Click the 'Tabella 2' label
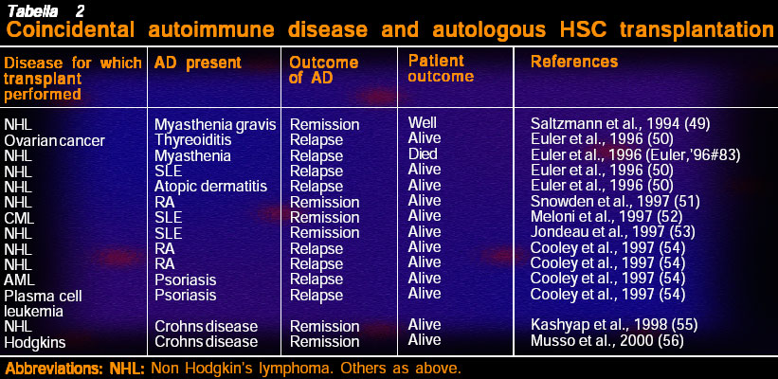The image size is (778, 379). pos(40,11)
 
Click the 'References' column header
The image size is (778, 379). pos(574,62)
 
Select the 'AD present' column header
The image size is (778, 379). pos(197,63)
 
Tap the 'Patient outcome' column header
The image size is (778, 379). pos(441,68)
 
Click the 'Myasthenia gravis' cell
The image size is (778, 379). pos(215,124)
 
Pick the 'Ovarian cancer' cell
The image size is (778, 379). pos(55,141)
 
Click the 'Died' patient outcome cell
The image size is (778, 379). pos(423,153)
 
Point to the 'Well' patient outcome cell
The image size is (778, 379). pos(422,122)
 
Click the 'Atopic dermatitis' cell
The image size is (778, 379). pos(211,187)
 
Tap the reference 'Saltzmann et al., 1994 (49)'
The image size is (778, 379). pos(620,124)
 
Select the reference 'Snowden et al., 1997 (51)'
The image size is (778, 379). pos(615,202)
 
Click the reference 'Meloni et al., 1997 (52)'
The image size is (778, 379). pos(606,217)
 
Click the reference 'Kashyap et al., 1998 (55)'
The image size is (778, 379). pos(614,325)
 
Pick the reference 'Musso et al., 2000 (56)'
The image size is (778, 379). pos(606,341)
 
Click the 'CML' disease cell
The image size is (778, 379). pos(18,218)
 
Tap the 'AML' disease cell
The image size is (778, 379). pos(19,280)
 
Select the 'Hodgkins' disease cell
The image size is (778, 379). pos(35,342)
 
